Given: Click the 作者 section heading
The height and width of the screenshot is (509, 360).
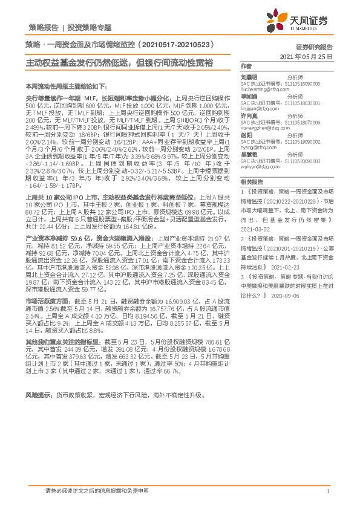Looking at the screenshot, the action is pyautogui.click(x=246, y=66).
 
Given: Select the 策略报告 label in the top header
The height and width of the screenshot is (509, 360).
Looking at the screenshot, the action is pyautogui.click(x=44, y=28).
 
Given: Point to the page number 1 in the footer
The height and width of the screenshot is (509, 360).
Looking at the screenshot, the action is pyautogui.click(x=327, y=491).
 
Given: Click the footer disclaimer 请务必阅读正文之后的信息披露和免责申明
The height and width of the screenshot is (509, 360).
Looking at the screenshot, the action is pyautogui.click(x=97, y=491).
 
